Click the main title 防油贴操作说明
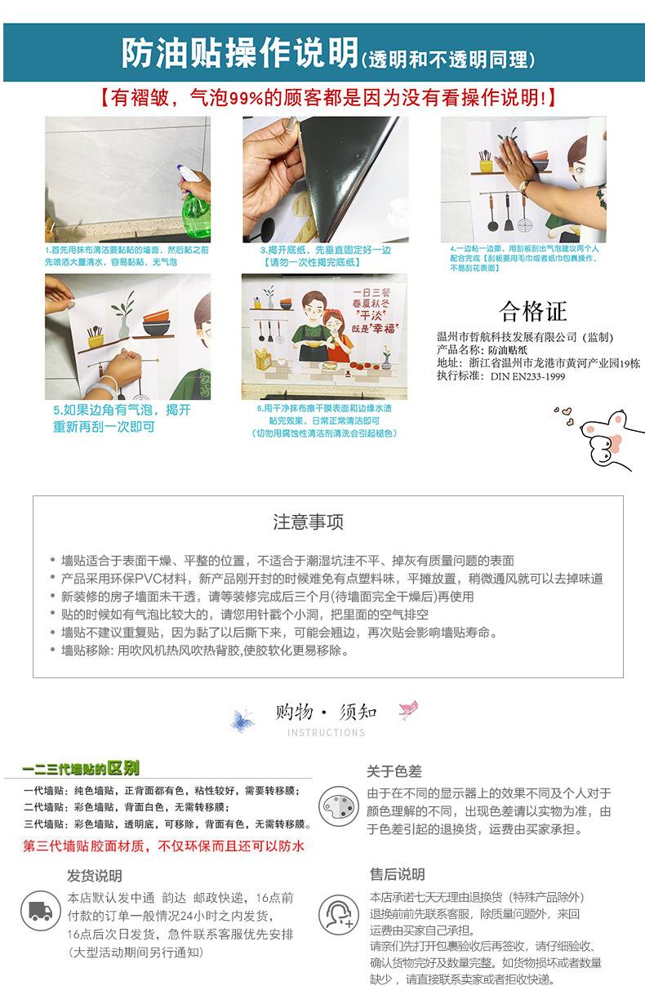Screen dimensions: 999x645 [x=240, y=53]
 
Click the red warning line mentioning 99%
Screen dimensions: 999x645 [x=323, y=98]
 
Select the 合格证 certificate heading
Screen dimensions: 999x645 [x=532, y=312]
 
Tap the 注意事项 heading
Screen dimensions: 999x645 [x=309, y=522]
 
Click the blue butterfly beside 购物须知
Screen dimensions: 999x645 [x=242, y=719]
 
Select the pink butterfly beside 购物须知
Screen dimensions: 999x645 [x=408, y=709]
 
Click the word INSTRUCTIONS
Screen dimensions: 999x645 [x=326, y=732]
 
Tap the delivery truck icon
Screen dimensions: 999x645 [x=41, y=911]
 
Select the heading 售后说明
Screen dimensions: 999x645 [x=397, y=874]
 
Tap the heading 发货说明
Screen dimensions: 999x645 [x=94, y=876]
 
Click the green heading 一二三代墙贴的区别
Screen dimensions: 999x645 [x=81, y=769]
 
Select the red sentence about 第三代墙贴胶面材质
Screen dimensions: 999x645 [x=163, y=846]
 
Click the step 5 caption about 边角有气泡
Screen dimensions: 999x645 [x=122, y=418]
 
